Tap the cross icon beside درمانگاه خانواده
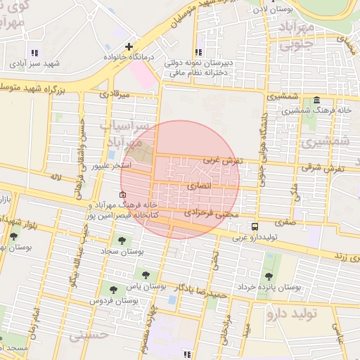(128, 46)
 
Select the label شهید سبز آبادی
(34, 64)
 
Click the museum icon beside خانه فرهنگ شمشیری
(316, 100)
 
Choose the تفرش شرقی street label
(323, 168)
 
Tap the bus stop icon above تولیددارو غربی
(255, 226)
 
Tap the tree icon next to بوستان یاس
(146, 275)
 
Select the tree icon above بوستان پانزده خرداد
(269, 276)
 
